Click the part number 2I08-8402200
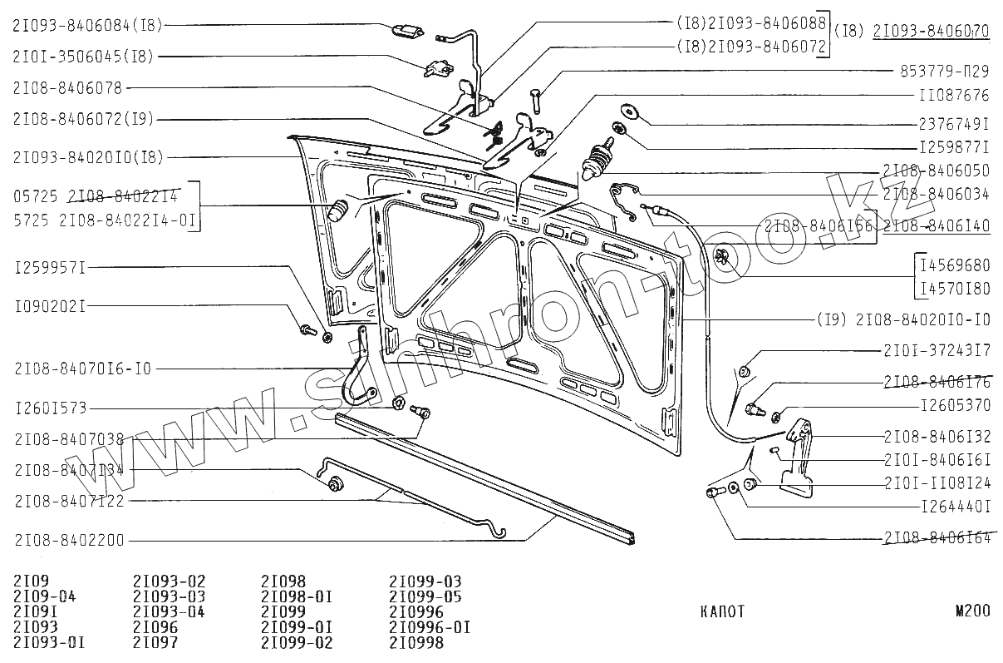(69, 541)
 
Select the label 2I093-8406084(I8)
(88, 26)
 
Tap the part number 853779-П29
(945, 72)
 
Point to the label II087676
(955, 96)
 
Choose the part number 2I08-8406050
(936, 171)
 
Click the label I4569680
(954, 265)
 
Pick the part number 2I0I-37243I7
(936, 351)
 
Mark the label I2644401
(955, 505)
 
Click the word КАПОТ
(722, 612)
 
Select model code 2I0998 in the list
(416, 643)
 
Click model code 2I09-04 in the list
(45, 596)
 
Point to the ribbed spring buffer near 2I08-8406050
(598, 161)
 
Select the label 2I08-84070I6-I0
(82, 369)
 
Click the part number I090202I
(51, 305)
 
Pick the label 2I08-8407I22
(69, 501)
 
